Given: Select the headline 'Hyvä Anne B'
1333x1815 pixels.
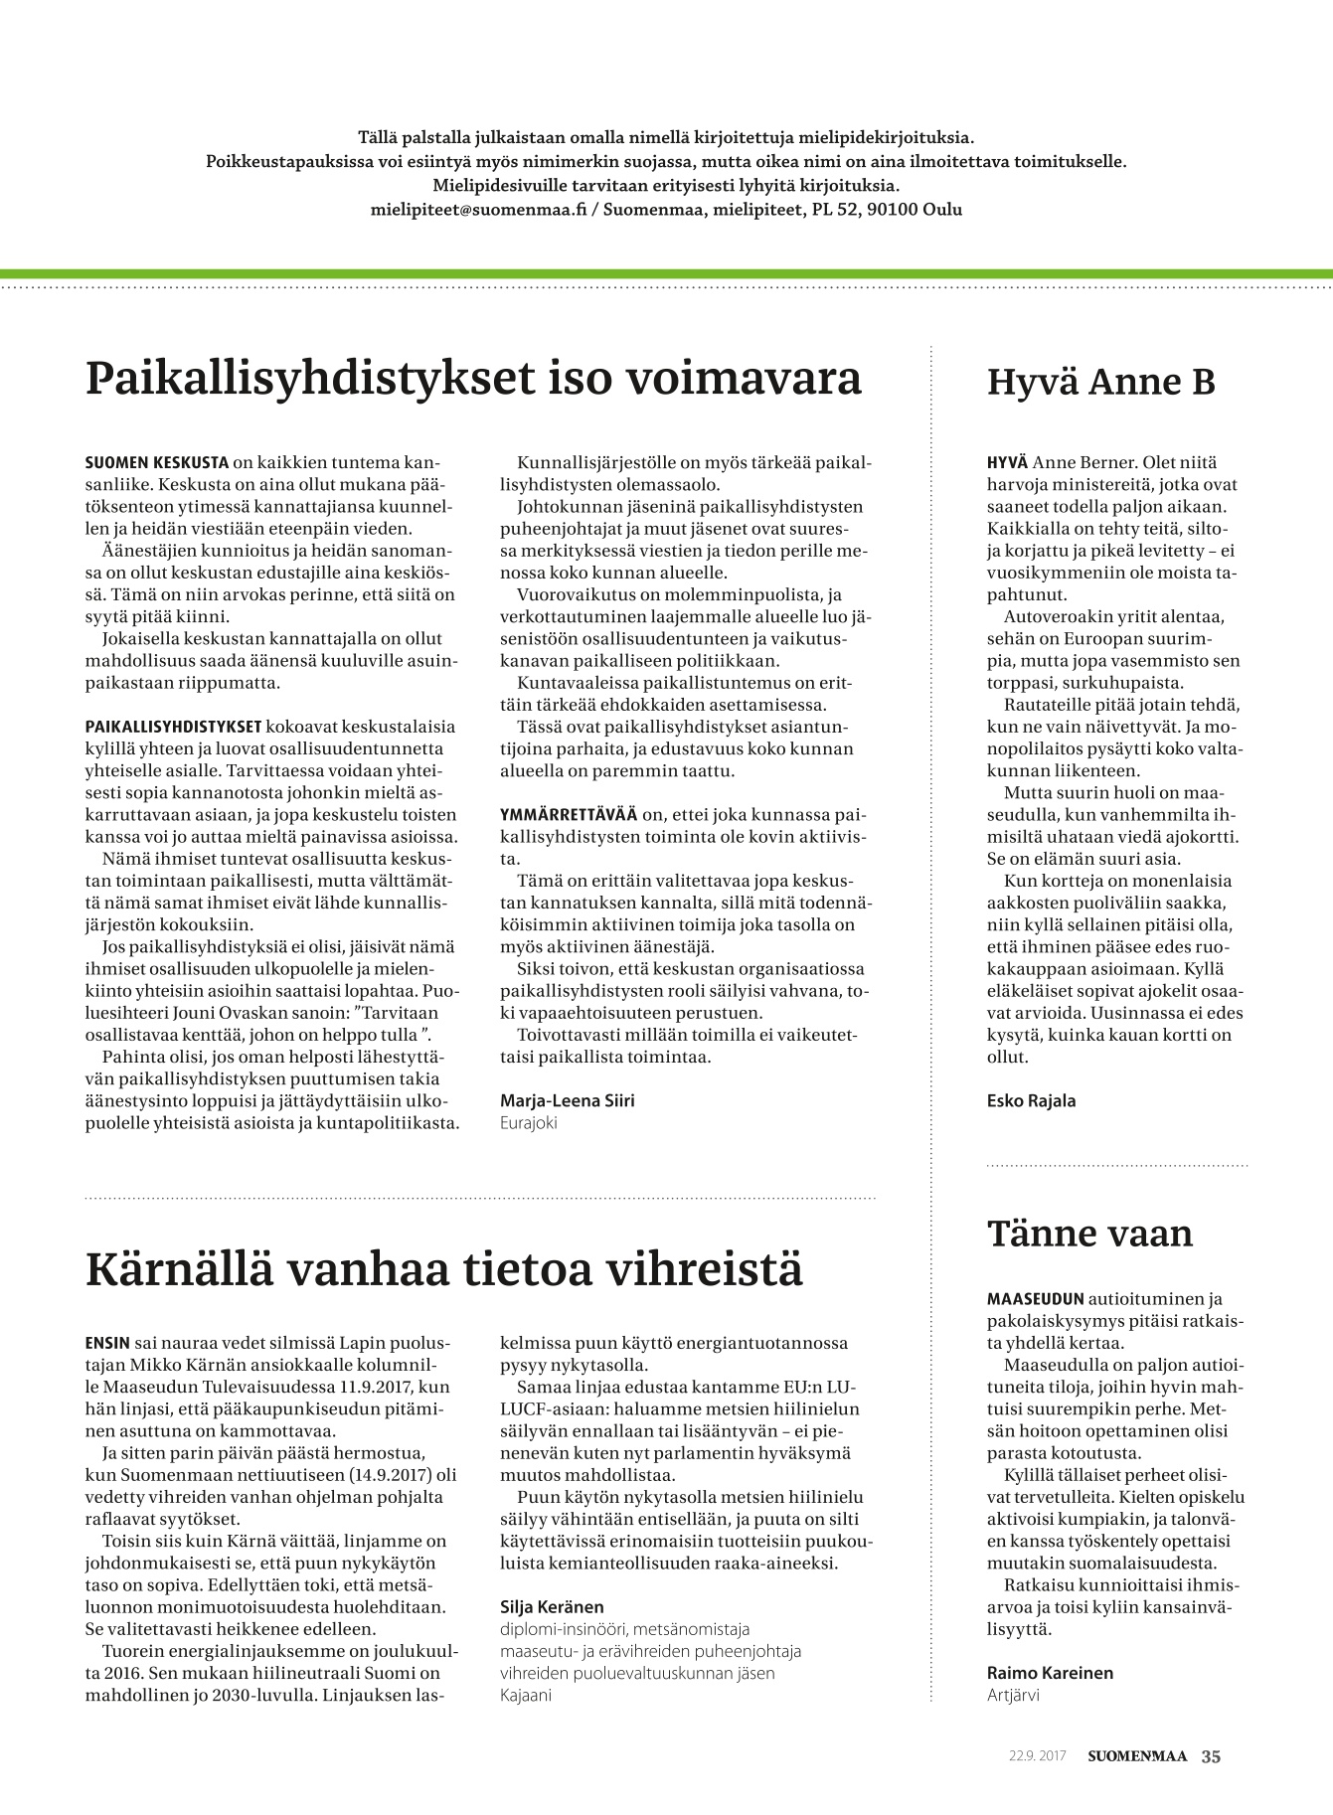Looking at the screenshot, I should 1100,382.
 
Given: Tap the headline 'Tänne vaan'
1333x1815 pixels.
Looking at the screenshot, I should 1089,1234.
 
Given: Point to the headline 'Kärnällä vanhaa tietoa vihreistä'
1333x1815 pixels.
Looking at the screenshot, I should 444,1270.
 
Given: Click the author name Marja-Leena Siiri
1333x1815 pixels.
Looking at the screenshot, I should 567,1100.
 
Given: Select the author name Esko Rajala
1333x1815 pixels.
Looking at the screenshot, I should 1031,1100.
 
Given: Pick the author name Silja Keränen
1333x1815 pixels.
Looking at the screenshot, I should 552,1606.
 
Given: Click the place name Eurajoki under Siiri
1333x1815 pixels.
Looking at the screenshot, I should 529,1122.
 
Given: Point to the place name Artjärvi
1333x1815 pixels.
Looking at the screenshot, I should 1013,1695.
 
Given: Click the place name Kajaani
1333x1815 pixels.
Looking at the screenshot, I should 526,1695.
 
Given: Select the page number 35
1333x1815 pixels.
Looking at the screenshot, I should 1211,1756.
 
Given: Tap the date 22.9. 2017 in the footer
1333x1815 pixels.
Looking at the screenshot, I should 1037,1756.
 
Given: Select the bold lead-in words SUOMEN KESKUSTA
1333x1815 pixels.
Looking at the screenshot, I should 157,463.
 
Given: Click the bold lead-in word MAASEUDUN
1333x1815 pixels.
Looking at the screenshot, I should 1035,1299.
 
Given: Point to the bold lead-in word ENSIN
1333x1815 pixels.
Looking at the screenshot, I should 107,1343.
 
